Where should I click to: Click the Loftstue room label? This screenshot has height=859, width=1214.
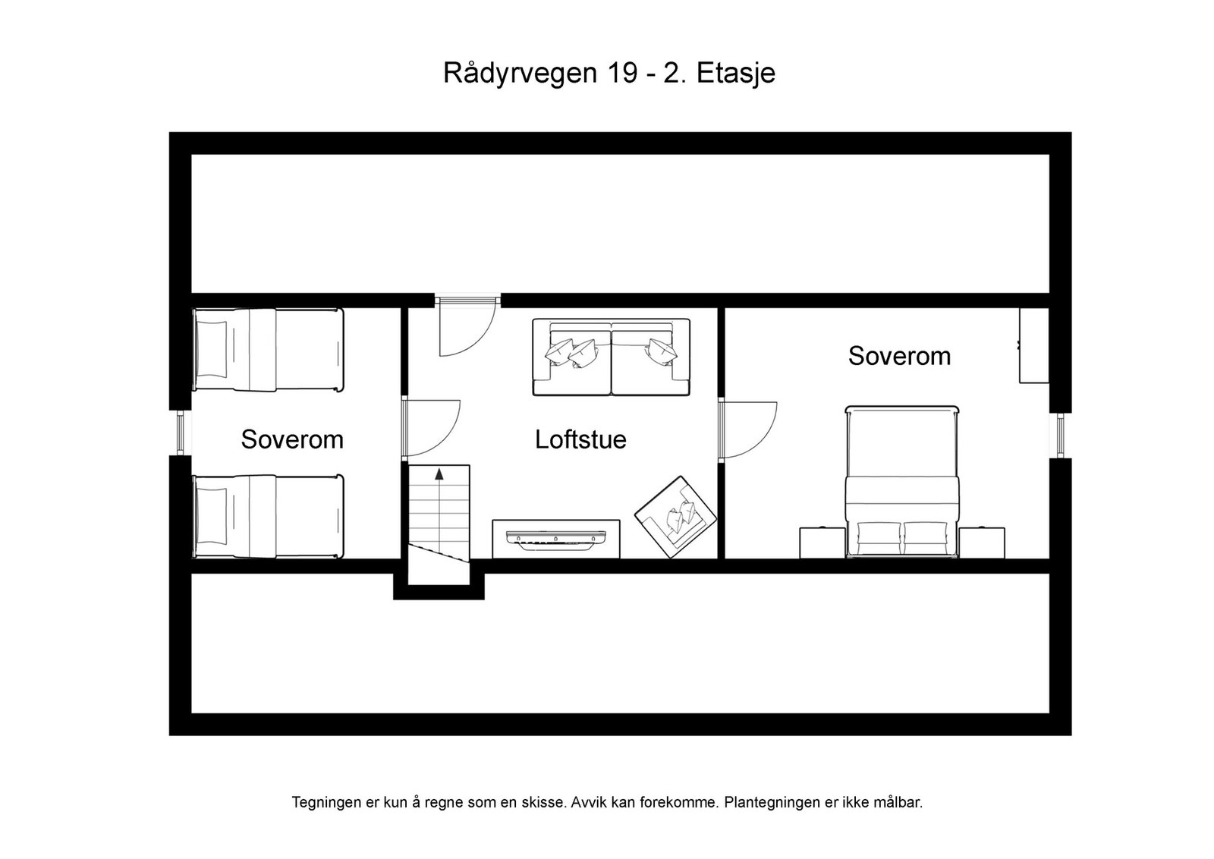pos(580,439)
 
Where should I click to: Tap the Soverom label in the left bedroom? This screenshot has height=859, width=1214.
pos(292,439)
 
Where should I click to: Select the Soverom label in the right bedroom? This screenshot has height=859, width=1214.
pos(899,356)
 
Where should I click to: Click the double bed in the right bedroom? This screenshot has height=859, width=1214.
pos(902,482)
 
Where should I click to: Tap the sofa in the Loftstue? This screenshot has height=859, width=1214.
pos(611,357)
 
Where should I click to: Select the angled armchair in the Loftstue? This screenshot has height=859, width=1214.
pos(675,517)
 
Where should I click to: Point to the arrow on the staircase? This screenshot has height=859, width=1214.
pos(439,475)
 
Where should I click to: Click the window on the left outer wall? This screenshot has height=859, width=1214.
pos(181,433)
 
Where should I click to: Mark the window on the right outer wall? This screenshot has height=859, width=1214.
pos(1060,436)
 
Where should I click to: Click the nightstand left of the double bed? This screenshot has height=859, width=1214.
pos(822,543)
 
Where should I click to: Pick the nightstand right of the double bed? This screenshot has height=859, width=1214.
pos(981,543)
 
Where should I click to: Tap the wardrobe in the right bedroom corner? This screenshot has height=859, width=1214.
pos(1033,345)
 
